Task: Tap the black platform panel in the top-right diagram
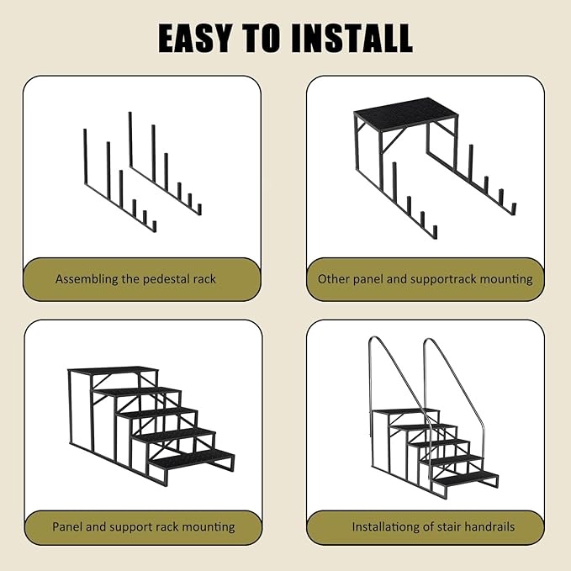(405, 108)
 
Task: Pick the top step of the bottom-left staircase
(114, 369)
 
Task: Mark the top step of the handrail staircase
(405, 411)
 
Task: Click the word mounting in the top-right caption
(506, 280)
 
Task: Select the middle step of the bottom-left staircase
(156, 413)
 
